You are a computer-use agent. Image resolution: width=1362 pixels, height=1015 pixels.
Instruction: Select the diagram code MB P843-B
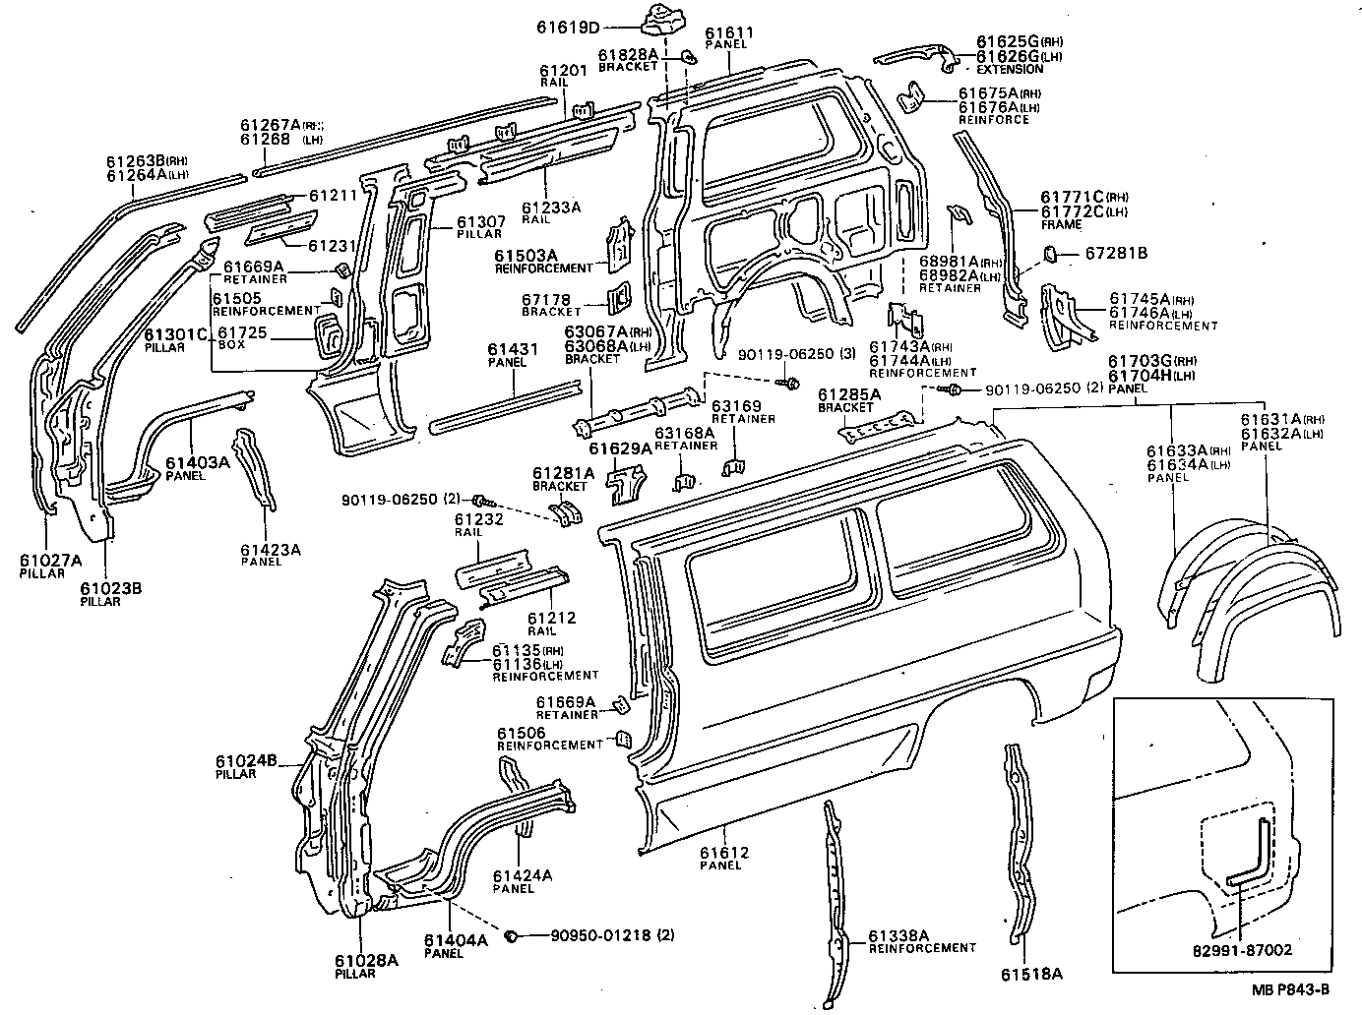pos(1291,990)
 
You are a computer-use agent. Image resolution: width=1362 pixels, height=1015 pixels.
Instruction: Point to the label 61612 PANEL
pos(724,858)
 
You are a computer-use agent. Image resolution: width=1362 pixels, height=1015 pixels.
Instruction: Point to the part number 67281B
pos(1115,254)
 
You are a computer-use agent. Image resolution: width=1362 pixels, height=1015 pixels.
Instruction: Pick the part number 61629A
pos(620,449)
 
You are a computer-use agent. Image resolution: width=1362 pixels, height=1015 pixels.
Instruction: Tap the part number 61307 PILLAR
pos(480,227)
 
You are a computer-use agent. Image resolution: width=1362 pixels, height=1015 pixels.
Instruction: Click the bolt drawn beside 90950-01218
pos(512,935)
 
